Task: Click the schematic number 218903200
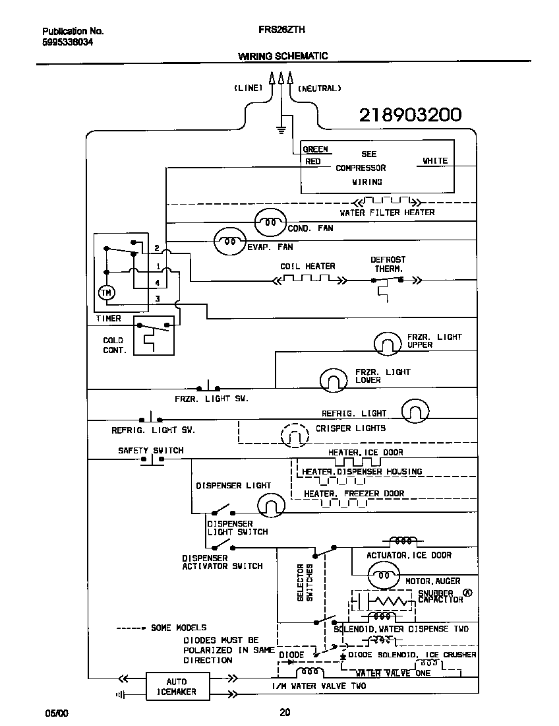409,115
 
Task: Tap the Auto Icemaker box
177,686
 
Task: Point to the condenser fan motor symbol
270,222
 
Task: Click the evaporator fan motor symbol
229,242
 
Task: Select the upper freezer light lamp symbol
387,343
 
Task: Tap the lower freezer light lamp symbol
334,379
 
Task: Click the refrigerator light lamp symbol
415,411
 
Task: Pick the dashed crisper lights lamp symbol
295,435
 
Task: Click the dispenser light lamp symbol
270,505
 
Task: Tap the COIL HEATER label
308,266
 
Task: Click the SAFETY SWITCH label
150,450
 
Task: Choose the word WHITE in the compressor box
434,160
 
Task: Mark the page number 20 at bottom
284,712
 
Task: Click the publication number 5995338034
68,41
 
